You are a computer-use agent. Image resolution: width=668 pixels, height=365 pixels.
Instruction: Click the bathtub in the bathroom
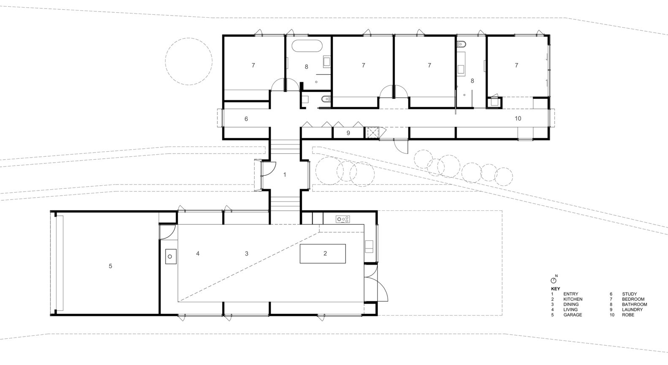click(307, 46)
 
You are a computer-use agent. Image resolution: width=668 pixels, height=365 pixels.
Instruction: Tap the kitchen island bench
click(323, 253)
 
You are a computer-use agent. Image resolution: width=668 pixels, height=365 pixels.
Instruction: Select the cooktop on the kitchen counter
click(343, 219)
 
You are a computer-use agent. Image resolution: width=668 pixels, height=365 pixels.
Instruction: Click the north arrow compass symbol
click(554, 280)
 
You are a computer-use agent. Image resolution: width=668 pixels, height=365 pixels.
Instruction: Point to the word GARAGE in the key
click(573, 315)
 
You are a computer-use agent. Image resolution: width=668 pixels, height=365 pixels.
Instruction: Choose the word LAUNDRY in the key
click(632, 310)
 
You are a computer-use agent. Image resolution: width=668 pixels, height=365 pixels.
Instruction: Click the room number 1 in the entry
click(285, 174)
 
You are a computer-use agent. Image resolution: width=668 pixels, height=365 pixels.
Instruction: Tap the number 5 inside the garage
click(110, 266)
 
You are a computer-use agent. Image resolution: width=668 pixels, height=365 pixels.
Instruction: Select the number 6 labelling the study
click(246, 119)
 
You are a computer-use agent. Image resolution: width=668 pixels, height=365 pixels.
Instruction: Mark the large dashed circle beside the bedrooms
click(189, 38)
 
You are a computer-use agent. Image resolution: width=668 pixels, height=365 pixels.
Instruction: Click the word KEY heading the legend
click(556, 289)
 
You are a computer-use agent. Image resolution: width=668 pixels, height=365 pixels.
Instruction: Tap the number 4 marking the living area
click(198, 253)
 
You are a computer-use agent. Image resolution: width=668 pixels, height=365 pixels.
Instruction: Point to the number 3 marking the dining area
click(247, 253)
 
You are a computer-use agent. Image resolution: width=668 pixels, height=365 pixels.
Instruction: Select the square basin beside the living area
click(171, 257)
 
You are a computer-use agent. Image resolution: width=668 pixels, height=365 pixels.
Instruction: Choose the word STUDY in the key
click(629, 294)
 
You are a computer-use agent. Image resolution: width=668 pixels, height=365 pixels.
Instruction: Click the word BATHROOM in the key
click(634, 305)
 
